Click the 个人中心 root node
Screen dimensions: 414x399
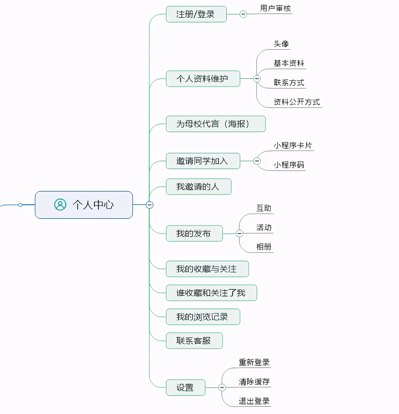[x=84, y=205]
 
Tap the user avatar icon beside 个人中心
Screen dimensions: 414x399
[x=60, y=205]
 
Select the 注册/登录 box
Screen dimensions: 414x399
[x=196, y=14]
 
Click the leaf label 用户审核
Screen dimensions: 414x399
[x=275, y=8]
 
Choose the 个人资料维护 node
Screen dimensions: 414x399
[x=203, y=79]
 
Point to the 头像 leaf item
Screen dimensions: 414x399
[x=281, y=44]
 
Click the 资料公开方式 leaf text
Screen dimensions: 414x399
[x=297, y=102]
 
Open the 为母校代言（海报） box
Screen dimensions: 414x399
[x=216, y=124]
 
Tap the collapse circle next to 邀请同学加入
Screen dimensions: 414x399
[x=257, y=161]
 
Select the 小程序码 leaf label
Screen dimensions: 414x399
[x=289, y=165]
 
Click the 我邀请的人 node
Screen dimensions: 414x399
[x=199, y=187]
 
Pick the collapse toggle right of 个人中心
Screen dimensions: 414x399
[x=149, y=205]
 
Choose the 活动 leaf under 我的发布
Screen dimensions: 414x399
[x=264, y=228]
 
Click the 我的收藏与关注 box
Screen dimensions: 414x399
[x=207, y=269]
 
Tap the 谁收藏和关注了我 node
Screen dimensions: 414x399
[x=211, y=293]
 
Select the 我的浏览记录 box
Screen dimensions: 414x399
[x=203, y=317]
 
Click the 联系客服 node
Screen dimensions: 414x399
[x=194, y=341]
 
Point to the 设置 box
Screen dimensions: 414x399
[x=186, y=387]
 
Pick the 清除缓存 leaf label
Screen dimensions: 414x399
[x=254, y=382]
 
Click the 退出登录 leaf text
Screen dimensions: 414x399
[x=254, y=401]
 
